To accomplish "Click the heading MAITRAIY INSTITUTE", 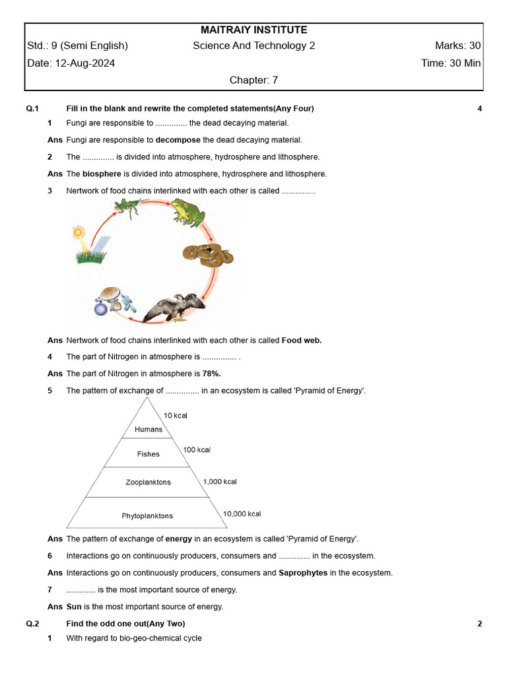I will click(253, 30).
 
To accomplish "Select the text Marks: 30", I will click(457, 46).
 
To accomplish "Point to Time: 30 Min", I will click(451, 63).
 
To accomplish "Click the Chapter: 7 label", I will click(253, 80).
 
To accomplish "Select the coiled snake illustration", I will click(207, 254).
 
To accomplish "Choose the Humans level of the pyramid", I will click(148, 429).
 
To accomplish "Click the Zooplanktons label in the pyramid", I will click(148, 483).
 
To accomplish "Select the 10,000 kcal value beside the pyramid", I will click(242, 514).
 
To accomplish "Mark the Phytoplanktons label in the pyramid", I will click(147, 516).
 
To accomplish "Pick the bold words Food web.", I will click(302, 341).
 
